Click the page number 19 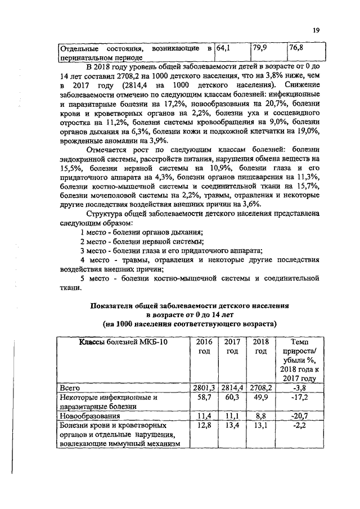point(316,31)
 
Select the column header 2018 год point(260,346)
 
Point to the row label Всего point(70,388)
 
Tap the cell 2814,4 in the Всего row point(232,388)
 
